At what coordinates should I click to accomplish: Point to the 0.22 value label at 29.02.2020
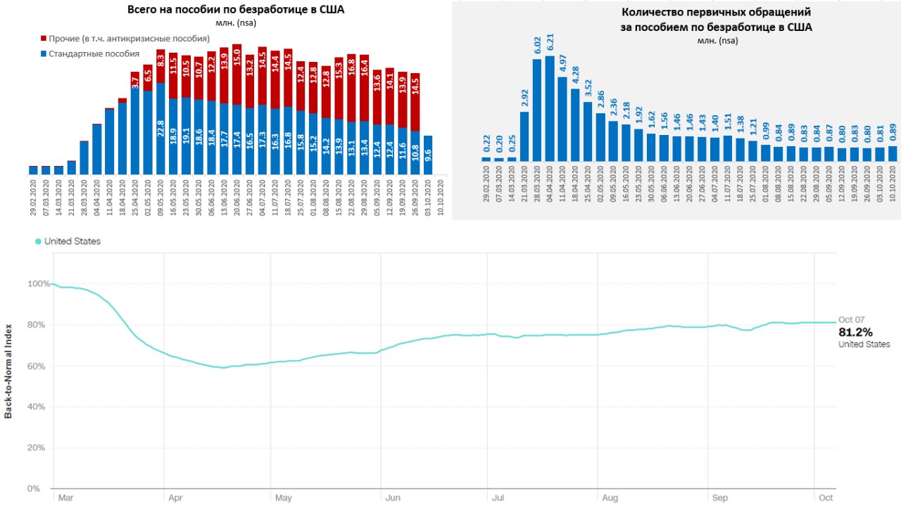(486, 144)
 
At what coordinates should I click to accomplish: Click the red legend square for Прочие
(44, 38)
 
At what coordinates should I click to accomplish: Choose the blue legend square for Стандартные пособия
(44, 53)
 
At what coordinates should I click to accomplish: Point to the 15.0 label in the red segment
(237, 58)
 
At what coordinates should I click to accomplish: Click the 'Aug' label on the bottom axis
(610, 498)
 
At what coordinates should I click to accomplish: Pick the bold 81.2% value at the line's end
(855, 332)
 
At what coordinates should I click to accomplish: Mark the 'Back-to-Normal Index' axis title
(8, 372)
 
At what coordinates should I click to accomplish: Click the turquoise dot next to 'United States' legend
(38, 242)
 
